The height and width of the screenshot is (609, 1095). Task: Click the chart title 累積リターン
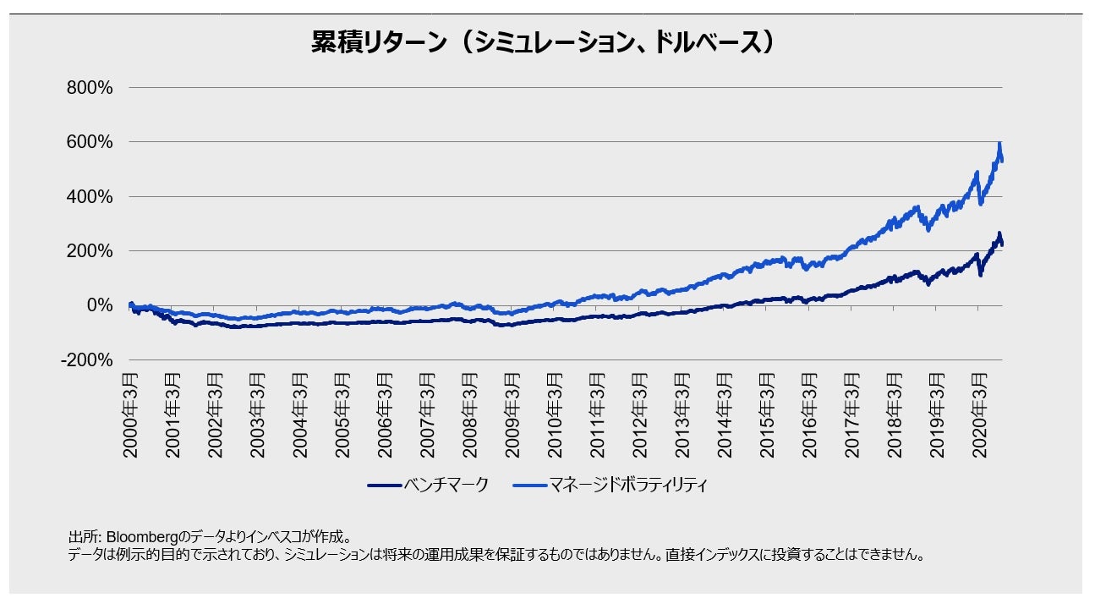coord(542,43)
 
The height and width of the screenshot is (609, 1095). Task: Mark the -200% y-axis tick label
coord(86,360)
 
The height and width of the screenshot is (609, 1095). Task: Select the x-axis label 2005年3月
coord(342,414)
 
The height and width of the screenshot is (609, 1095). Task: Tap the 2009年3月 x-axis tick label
coord(512,414)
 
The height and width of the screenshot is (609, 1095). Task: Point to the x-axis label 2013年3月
coord(682,414)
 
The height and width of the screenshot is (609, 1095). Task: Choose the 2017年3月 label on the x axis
coord(851,414)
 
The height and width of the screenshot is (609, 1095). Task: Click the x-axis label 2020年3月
coord(978,414)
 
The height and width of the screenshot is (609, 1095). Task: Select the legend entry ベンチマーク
coord(446,486)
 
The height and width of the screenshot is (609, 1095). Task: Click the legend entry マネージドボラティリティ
coord(627,486)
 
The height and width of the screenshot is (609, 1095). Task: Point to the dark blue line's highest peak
coord(999,233)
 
